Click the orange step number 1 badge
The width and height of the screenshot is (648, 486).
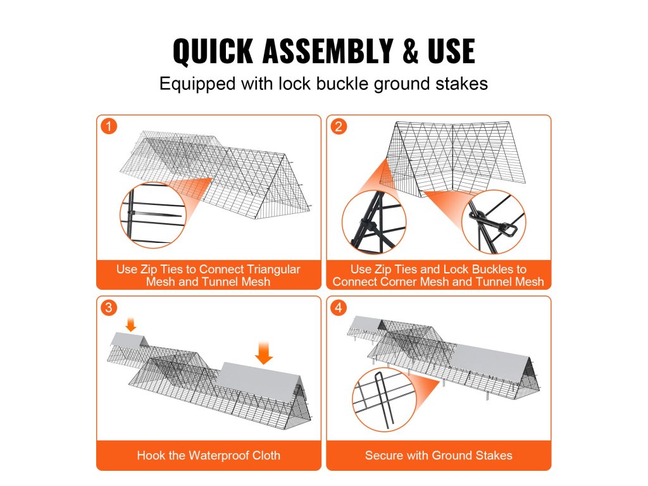[x=109, y=127]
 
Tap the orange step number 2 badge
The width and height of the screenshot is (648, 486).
[x=339, y=127]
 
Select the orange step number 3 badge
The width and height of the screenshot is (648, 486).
[x=109, y=308]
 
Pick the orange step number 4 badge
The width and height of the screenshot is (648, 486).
[x=339, y=308]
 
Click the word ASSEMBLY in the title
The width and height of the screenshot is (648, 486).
[x=328, y=51]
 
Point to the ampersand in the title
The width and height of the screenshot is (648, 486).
[x=410, y=51]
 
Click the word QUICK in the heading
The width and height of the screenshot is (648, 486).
[x=213, y=51]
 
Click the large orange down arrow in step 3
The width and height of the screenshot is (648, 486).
[x=264, y=352]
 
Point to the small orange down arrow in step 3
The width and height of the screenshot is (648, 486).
[x=130, y=325]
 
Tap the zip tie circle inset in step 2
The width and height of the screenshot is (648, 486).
[x=374, y=222]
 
